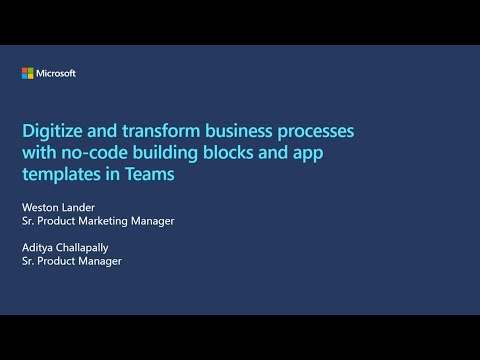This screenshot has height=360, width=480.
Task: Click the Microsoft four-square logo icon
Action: click(27, 73)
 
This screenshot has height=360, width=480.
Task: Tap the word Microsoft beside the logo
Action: click(56, 73)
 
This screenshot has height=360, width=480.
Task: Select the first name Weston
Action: click(40, 207)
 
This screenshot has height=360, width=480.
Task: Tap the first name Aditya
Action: click(37, 247)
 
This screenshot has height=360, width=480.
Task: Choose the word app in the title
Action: click(313, 152)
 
